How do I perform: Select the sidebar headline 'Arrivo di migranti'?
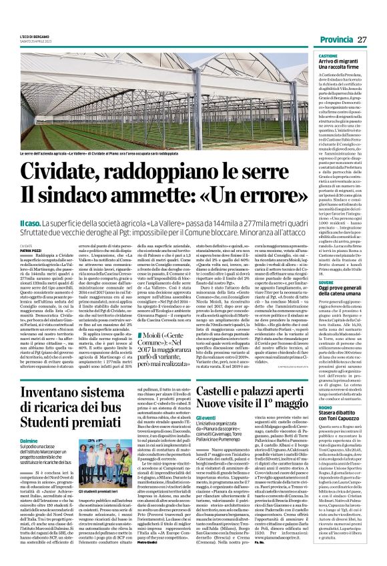click(342, 63)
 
